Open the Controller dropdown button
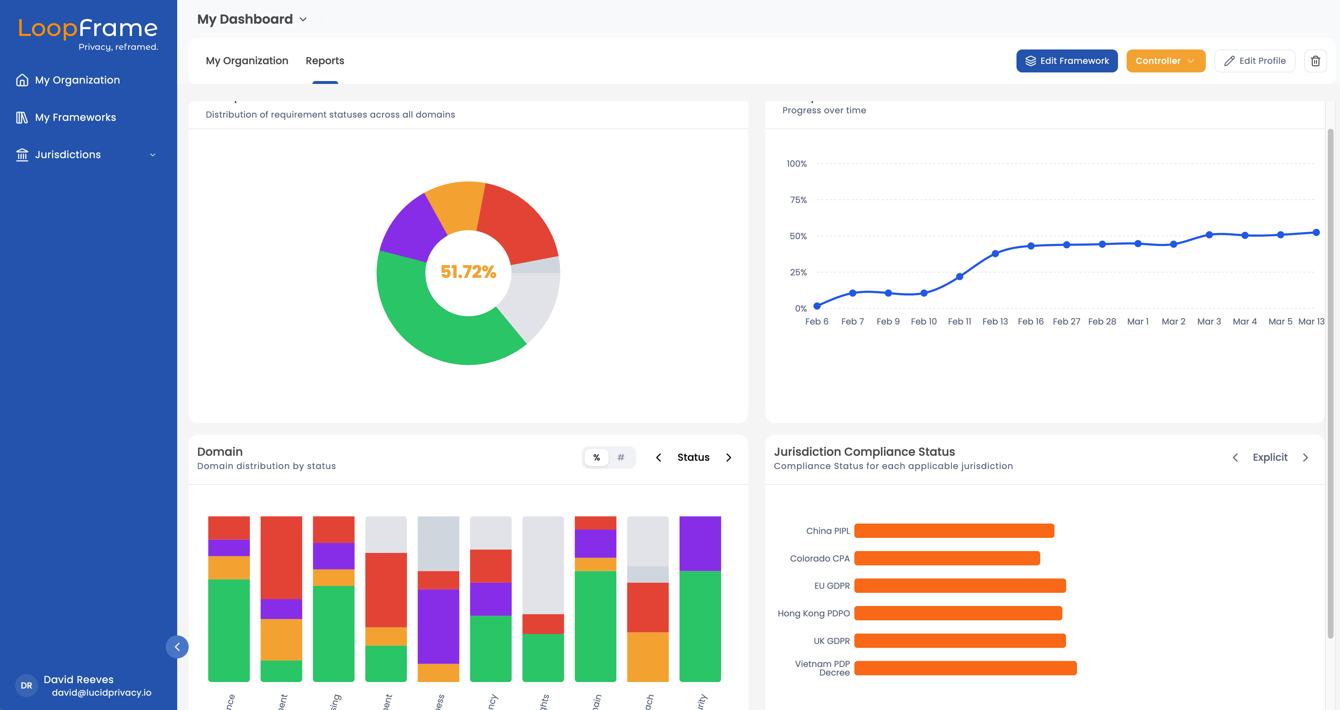point(1165,61)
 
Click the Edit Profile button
point(1254,61)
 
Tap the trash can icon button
point(1315,61)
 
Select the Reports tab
point(325,61)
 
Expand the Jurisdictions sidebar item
point(86,155)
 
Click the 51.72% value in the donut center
point(468,271)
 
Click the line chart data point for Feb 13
point(995,254)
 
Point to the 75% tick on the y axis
point(798,200)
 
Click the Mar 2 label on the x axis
point(1173,321)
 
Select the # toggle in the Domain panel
point(621,457)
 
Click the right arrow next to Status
point(728,457)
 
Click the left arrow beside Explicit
point(1235,457)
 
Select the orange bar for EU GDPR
point(960,586)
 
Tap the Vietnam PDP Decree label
point(822,668)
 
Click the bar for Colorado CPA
point(947,558)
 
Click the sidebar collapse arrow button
point(177,647)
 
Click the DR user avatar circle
point(27,686)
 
